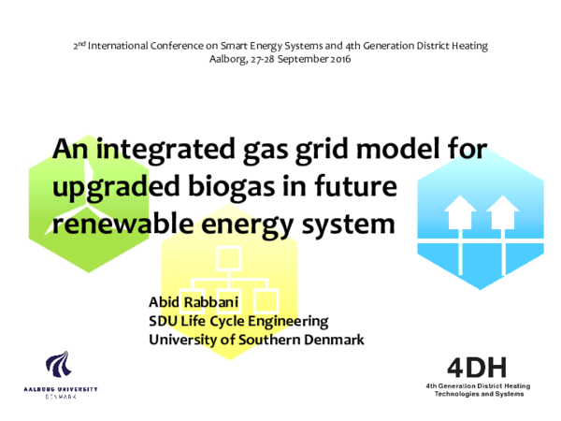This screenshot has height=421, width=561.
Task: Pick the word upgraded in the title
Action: coord(113,187)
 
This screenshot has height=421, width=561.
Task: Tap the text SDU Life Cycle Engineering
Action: coord(238,321)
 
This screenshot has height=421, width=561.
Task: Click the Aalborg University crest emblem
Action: coord(59,369)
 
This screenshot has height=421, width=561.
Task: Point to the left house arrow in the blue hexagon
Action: coord(459,213)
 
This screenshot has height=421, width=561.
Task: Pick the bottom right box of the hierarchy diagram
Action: coord(266,300)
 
